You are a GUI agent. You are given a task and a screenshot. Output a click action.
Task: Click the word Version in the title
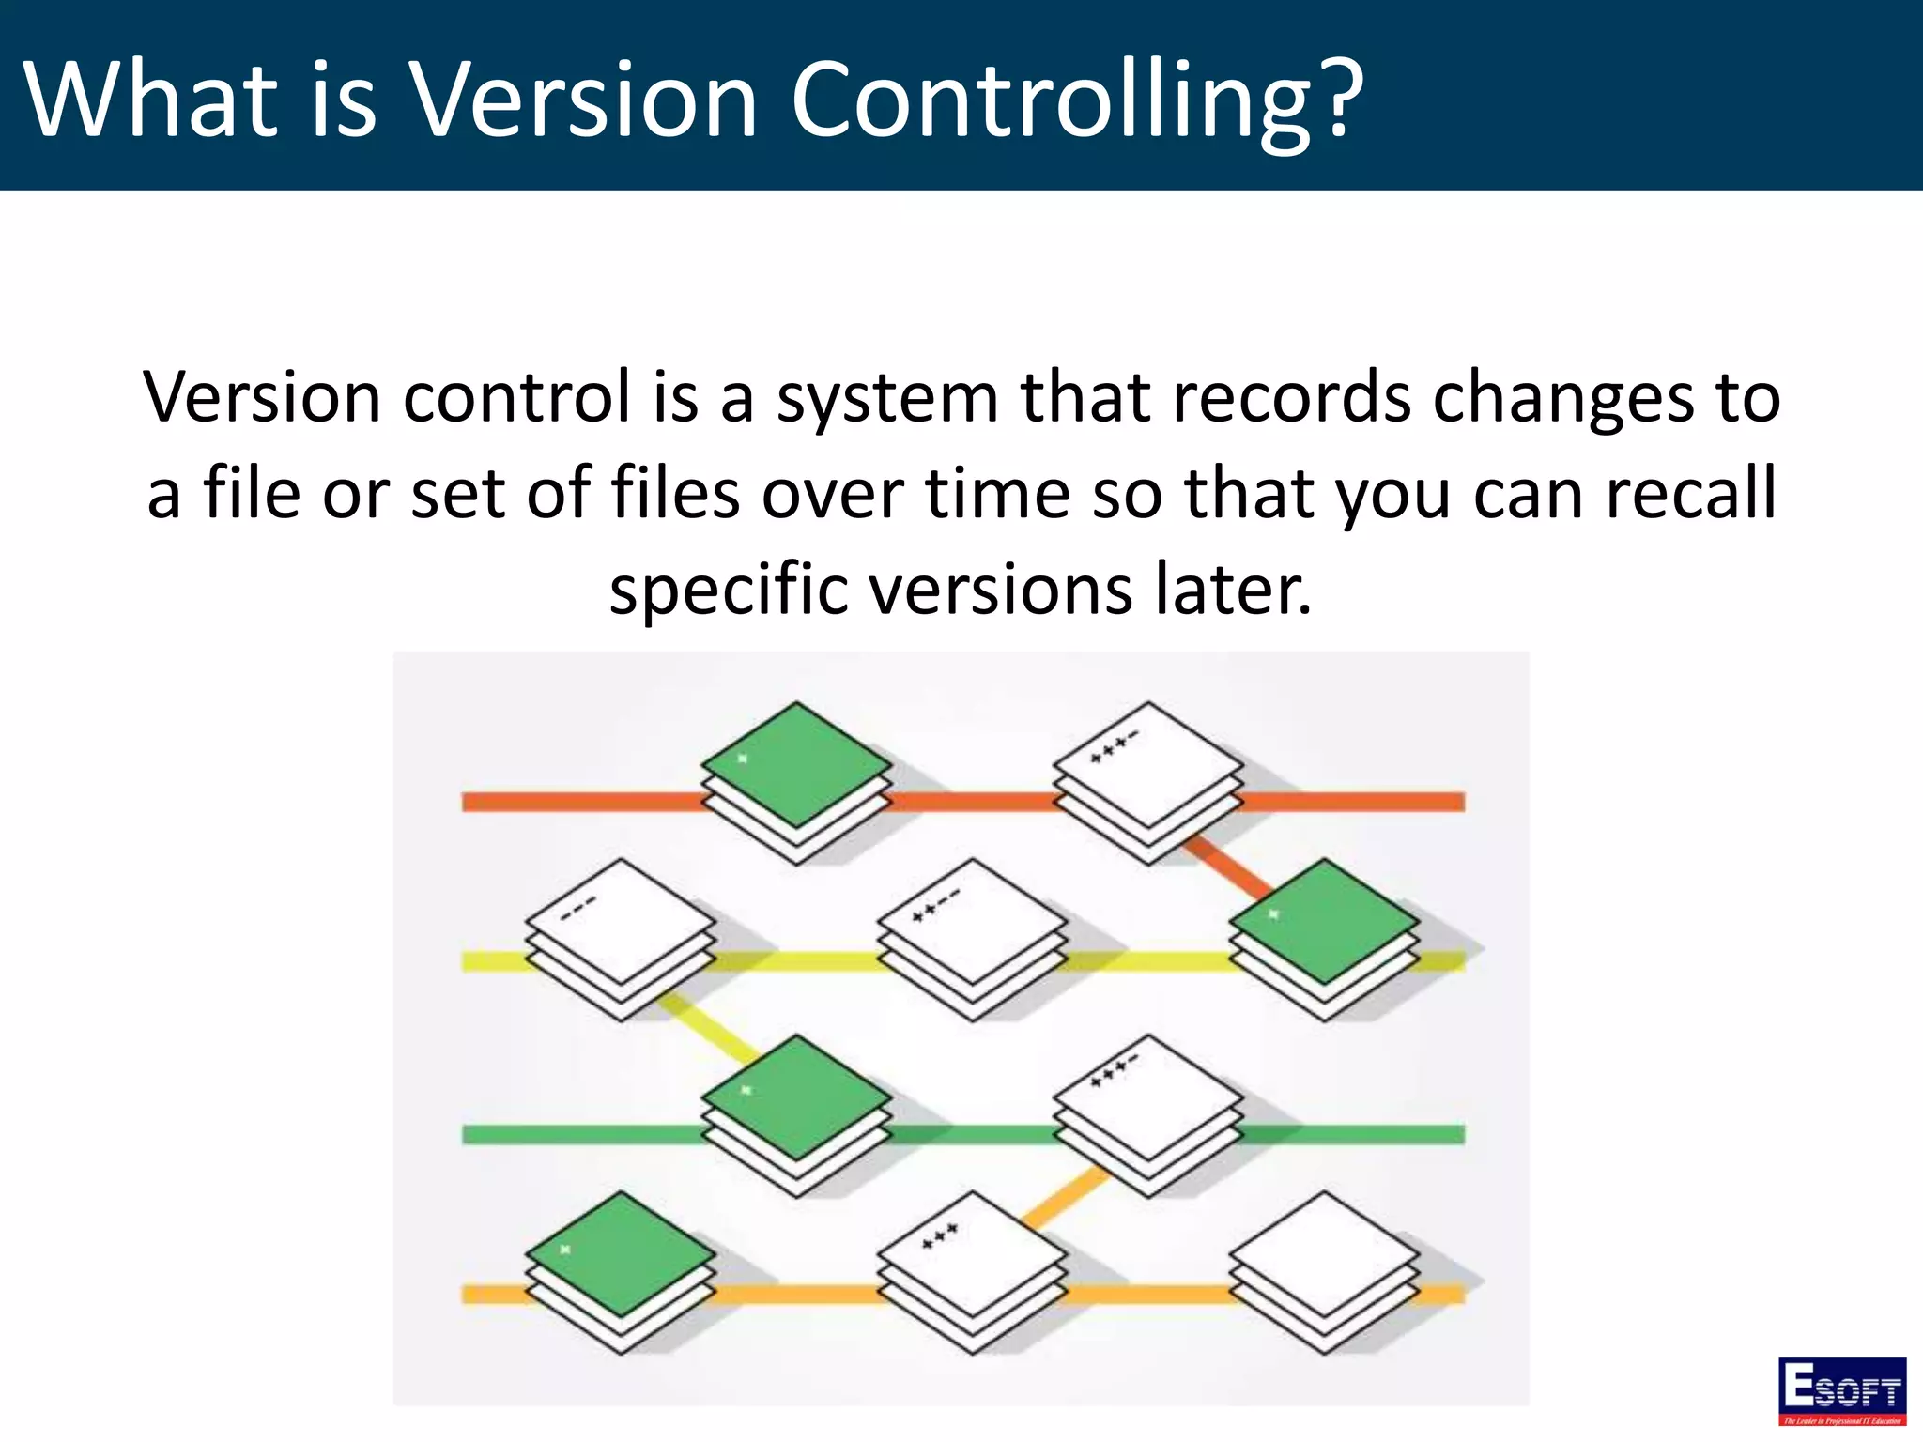584,99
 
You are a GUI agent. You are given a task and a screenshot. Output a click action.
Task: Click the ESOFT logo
1841,1389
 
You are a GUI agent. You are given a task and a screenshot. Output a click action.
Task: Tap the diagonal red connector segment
1225,867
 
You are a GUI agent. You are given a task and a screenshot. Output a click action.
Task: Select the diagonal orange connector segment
1066,1197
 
